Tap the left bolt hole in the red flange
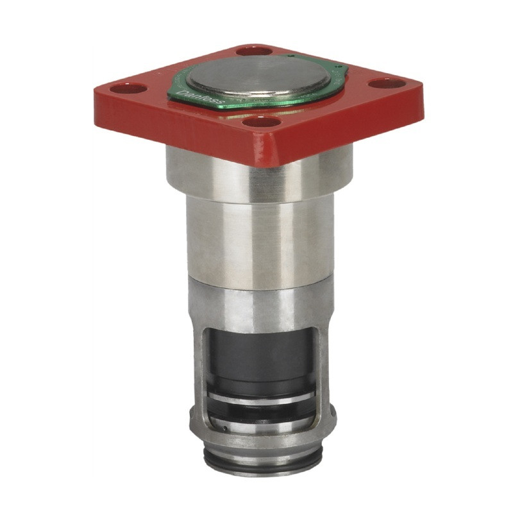(x=127, y=88)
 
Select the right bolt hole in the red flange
(x=387, y=83)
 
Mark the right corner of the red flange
(x=420, y=90)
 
